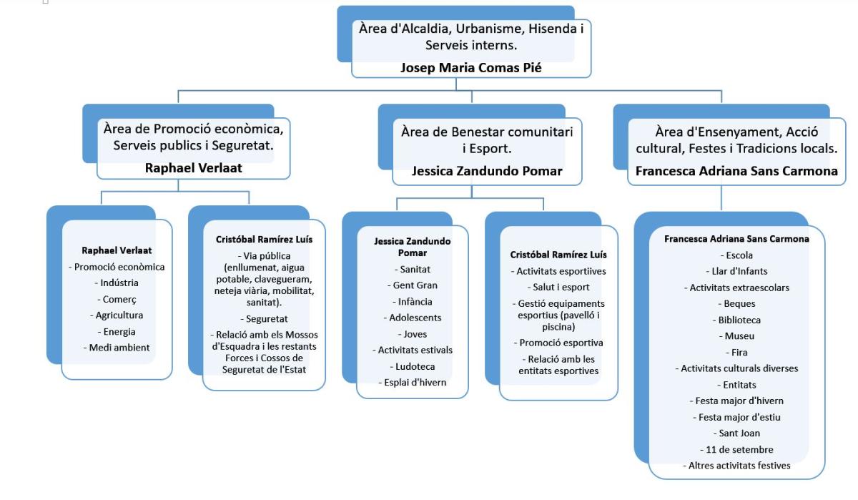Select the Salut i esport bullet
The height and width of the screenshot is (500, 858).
click(x=558, y=288)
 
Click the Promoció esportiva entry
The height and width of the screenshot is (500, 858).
click(x=558, y=343)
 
